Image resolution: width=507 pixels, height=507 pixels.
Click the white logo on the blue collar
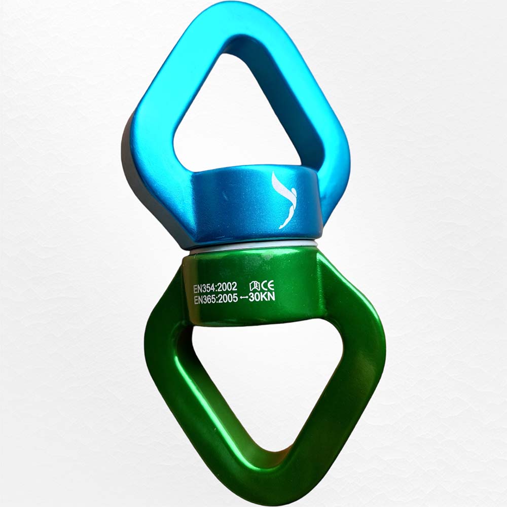[x=284, y=200]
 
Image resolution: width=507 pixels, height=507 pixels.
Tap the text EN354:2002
[x=215, y=287]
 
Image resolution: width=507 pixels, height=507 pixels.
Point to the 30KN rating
[x=262, y=297]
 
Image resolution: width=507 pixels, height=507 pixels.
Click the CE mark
[x=267, y=285]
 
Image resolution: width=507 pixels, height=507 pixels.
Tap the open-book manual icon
[x=255, y=286]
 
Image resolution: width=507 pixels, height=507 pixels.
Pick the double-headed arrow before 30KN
[x=243, y=299]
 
